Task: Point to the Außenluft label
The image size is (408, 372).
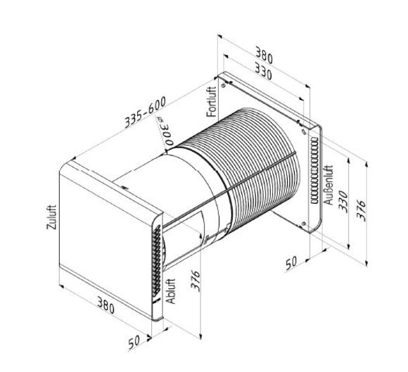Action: coord(329,182)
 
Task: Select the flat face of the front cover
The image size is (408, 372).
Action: coord(106,225)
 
